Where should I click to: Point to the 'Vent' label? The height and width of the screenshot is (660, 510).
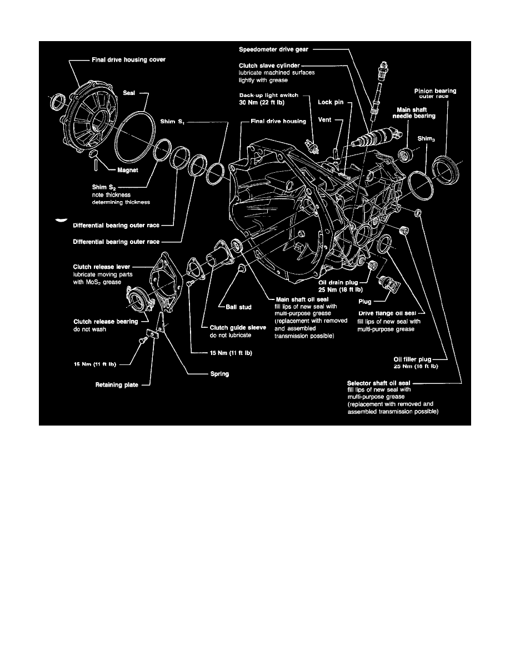click(326, 119)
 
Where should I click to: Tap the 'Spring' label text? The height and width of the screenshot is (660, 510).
click(219, 374)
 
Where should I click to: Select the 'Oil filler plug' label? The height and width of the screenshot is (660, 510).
click(412, 359)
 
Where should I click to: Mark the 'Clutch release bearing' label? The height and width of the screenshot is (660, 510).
click(107, 321)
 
